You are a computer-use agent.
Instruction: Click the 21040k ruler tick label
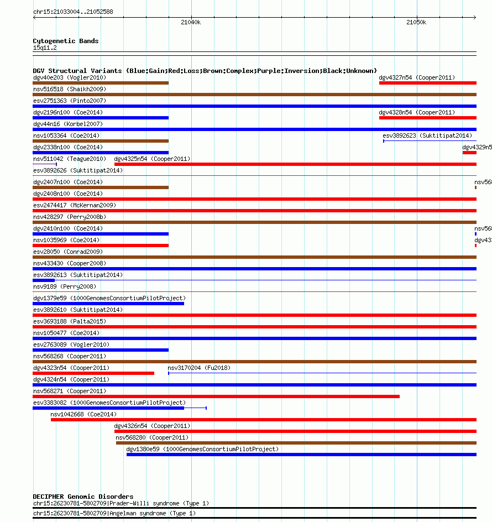(x=191, y=22)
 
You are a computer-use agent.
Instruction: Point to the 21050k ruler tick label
(x=416, y=22)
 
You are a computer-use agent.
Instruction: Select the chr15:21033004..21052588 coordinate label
(x=73, y=11)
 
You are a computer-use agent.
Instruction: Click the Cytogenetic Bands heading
(x=66, y=41)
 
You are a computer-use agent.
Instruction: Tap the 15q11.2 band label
(x=45, y=48)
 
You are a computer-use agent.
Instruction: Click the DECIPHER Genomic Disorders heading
(x=83, y=497)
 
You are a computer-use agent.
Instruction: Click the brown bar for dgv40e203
(x=101, y=83)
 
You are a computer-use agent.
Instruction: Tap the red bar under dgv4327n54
(x=427, y=83)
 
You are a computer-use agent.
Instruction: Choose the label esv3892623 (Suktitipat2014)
(x=427, y=135)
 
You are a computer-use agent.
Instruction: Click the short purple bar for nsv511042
(x=45, y=164)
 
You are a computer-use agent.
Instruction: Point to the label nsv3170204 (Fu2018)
(x=199, y=368)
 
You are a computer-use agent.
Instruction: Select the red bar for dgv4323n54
(x=93, y=373)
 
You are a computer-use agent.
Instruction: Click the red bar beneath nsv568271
(x=216, y=396)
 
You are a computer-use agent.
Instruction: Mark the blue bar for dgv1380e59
(x=301, y=455)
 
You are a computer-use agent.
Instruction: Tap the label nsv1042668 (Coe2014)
(x=83, y=414)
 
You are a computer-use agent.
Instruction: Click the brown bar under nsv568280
(x=296, y=443)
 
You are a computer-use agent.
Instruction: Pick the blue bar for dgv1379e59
(x=108, y=304)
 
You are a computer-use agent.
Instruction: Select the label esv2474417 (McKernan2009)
(x=75, y=205)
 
